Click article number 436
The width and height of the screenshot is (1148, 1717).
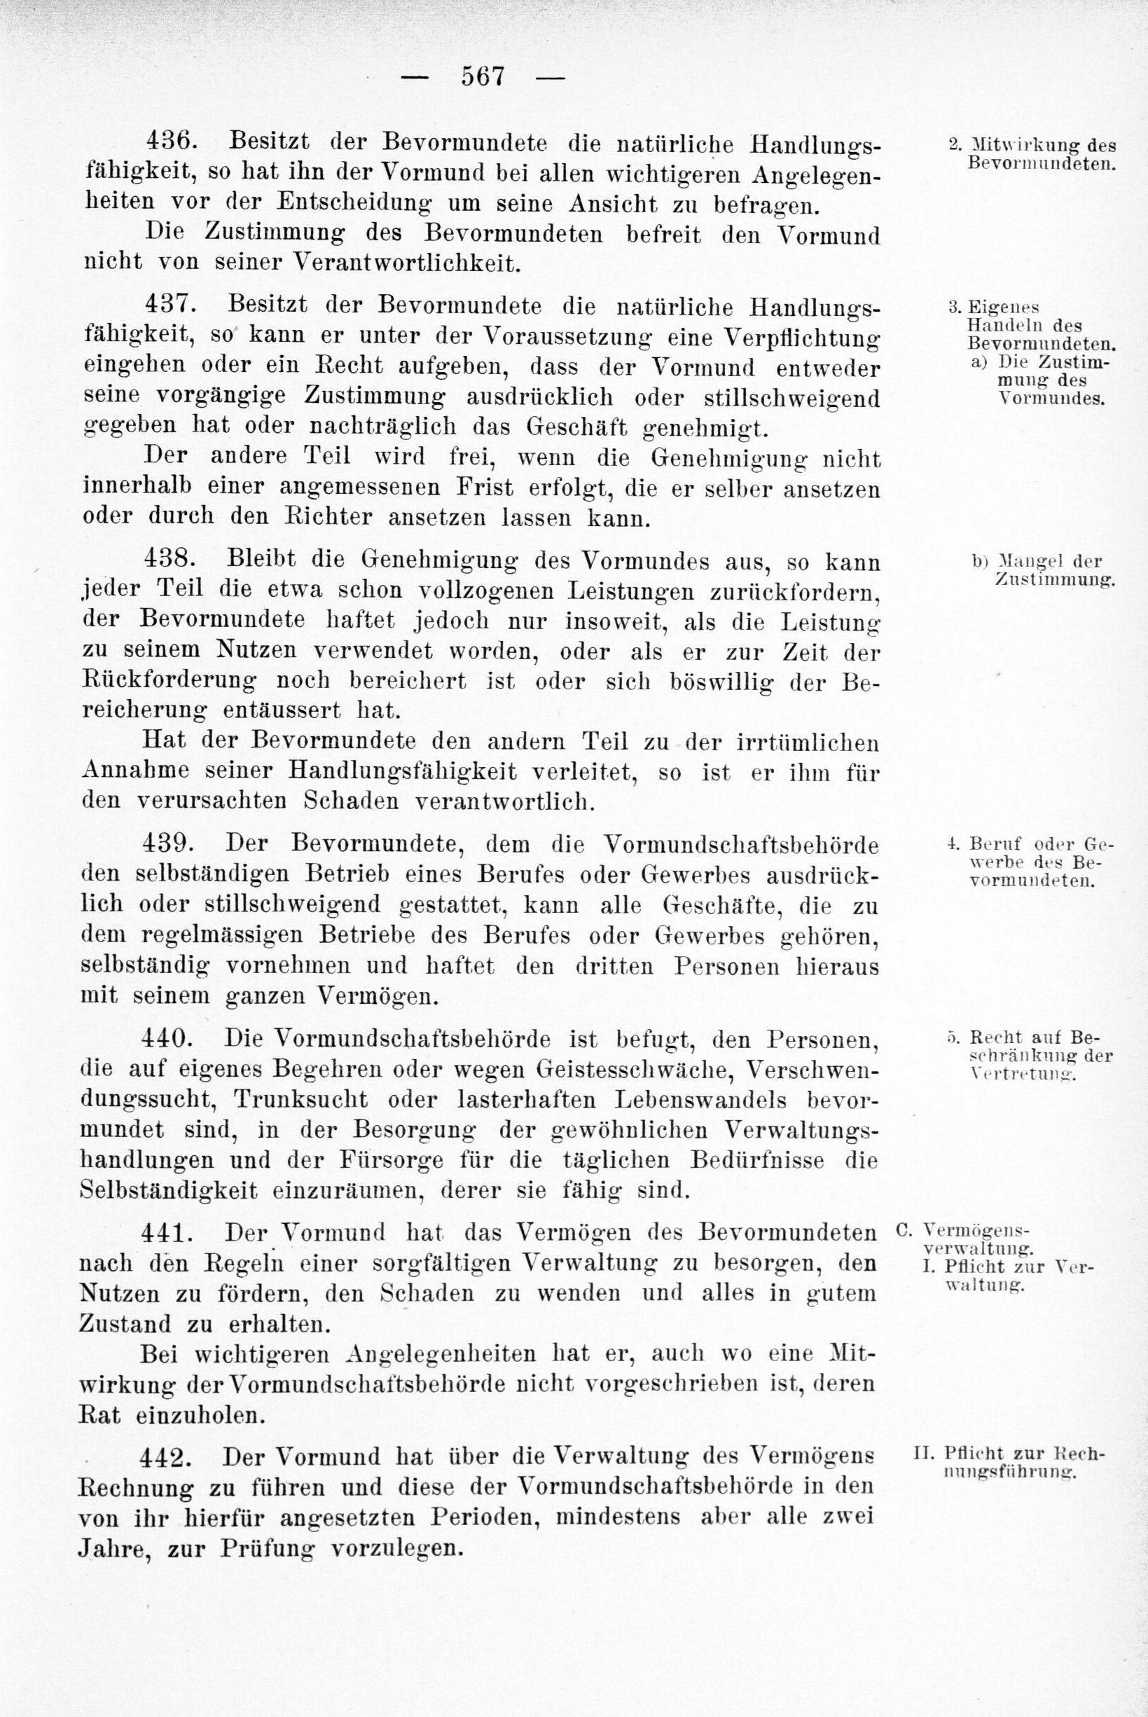coord(170,139)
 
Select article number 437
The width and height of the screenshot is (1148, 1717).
coord(170,303)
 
